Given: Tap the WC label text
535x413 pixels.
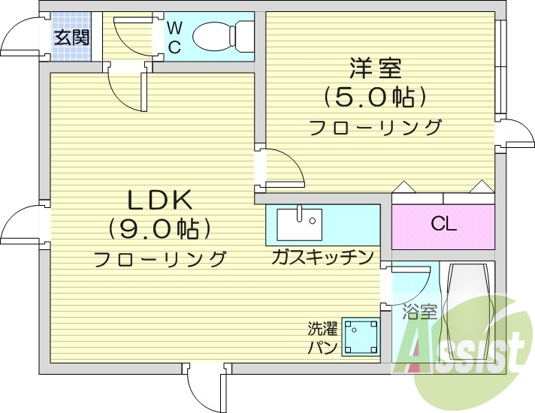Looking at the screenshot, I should (174, 38).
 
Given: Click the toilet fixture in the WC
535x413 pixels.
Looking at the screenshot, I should (223, 35).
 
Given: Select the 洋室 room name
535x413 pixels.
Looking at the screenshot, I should (375, 68).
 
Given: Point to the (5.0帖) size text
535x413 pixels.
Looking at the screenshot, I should (375, 97).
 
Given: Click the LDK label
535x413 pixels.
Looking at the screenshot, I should (160, 200).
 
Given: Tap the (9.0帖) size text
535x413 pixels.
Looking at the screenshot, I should (159, 228).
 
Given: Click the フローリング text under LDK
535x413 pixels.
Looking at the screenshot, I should (159, 260).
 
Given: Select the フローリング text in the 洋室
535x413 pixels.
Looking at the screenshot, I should (376, 127).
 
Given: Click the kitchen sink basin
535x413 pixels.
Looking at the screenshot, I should (299, 224).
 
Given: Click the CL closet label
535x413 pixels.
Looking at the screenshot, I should (443, 224).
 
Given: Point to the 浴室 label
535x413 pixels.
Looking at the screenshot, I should (419, 311).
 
